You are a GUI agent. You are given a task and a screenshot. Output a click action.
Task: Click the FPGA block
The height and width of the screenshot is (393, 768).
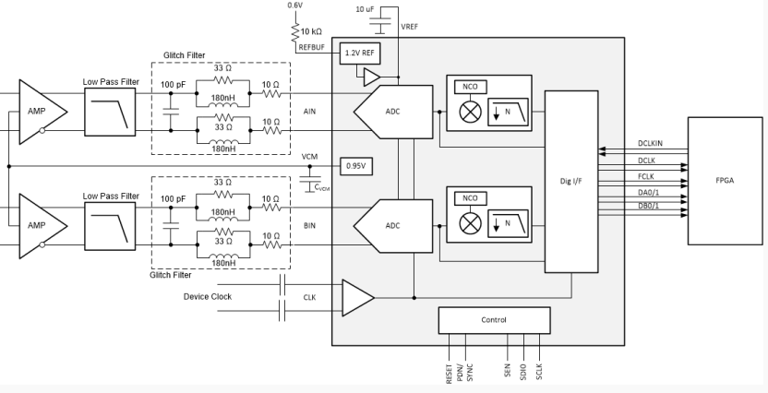click(725, 181)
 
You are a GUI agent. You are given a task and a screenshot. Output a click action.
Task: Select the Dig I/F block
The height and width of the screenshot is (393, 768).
click(571, 181)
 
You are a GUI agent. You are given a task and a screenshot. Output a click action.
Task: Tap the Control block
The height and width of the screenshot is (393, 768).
click(494, 320)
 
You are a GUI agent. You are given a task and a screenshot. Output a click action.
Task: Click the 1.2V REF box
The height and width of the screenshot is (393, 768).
click(360, 53)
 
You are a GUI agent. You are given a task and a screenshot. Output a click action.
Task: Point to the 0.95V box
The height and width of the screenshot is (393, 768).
click(356, 166)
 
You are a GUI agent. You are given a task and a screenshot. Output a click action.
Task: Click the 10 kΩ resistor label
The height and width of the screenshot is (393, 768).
click(311, 31)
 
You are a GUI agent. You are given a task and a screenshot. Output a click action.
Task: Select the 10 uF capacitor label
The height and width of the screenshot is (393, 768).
click(365, 9)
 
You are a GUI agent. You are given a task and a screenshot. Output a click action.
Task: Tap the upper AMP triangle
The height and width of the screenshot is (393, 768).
click(43, 112)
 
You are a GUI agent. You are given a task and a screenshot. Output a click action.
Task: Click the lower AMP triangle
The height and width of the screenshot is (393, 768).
click(43, 226)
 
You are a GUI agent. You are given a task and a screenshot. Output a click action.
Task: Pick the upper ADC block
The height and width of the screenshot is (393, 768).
click(393, 112)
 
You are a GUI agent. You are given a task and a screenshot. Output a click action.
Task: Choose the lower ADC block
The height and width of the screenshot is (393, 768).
click(393, 226)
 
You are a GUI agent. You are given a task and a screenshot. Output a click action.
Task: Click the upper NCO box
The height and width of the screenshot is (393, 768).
click(470, 87)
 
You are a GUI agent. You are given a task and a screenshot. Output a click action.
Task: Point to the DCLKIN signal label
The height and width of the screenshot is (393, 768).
click(650, 143)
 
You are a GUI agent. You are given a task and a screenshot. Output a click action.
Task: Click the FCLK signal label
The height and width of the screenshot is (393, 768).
click(646, 177)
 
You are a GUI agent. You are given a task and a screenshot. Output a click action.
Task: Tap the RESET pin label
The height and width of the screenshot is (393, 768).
click(450, 374)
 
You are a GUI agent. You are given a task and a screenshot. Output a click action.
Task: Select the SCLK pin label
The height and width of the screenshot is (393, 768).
click(539, 372)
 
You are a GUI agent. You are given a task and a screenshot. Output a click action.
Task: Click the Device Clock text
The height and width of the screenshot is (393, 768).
click(208, 296)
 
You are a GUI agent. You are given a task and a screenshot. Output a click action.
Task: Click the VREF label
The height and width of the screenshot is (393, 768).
click(410, 27)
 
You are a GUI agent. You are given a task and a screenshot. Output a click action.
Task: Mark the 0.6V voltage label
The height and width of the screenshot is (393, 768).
click(294, 6)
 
